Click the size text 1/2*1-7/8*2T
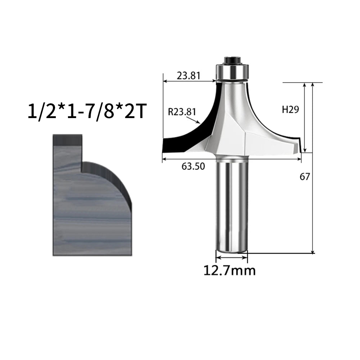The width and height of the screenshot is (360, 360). (87, 112)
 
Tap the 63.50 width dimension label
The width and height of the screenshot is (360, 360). (193, 166)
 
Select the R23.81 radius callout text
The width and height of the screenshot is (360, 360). (182, 112)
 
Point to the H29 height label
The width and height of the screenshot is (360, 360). (291, 109)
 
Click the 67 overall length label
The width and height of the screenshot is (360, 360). (305, 176)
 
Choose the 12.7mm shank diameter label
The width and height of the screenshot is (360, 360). (230, 270)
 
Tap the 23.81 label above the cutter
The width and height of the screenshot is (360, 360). (189, 76)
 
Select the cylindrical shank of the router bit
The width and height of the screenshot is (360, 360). (231, 204)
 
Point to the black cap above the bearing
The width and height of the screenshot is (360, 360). (232, 60)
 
